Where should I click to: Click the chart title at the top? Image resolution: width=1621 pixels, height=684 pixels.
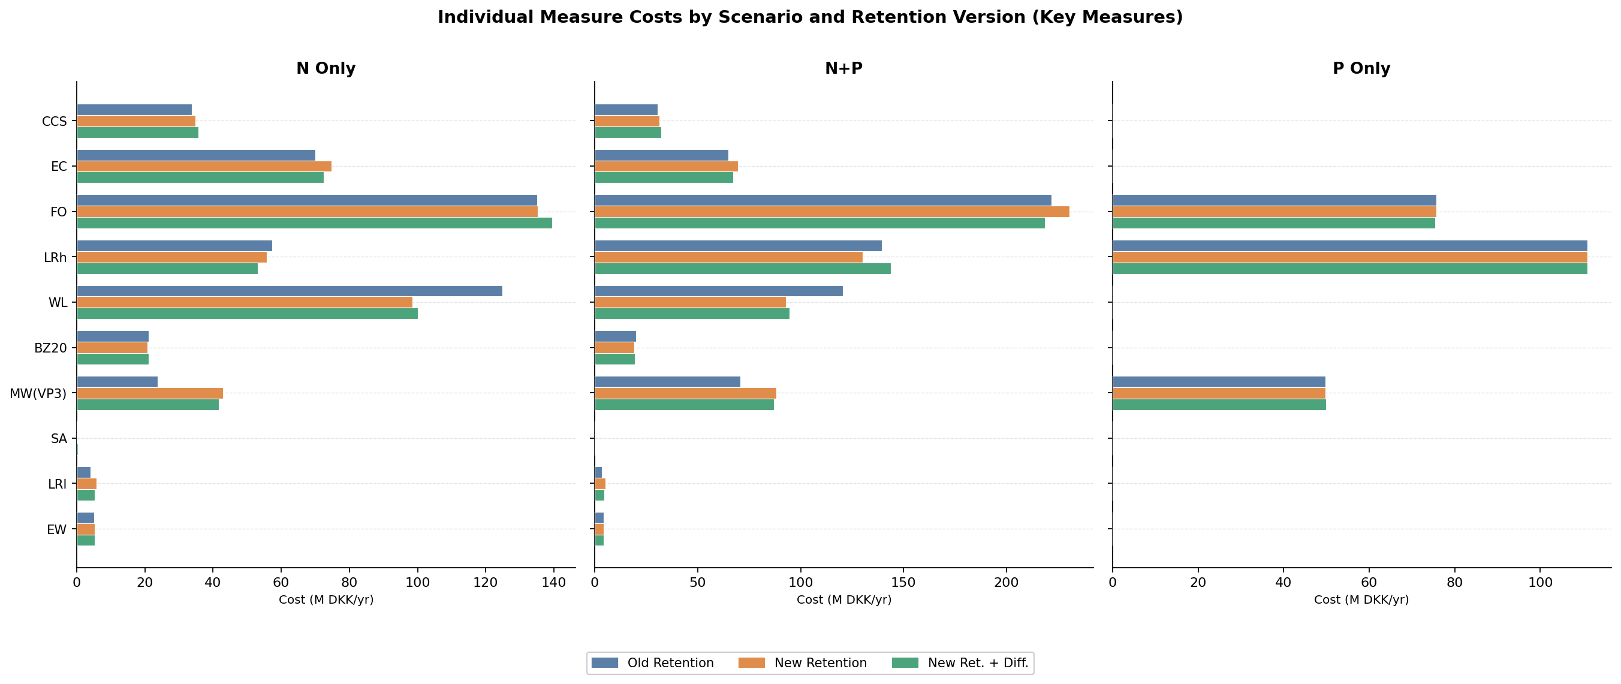810,17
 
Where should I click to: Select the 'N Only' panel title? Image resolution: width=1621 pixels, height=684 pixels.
326,68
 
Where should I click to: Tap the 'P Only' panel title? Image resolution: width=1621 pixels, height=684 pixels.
1361,68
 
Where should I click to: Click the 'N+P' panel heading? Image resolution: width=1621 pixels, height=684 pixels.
843,68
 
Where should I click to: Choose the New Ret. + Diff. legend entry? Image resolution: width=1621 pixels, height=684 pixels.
960,662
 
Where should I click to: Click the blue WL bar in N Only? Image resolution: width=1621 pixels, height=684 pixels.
290,291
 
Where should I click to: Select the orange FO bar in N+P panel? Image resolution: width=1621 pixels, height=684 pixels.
831,212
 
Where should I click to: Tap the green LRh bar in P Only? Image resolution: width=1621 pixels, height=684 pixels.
1349,269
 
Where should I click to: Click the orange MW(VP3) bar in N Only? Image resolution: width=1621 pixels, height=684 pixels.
150,393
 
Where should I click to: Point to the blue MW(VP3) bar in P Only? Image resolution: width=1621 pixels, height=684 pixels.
1218,382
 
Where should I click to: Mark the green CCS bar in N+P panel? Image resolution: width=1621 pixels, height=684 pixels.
628,132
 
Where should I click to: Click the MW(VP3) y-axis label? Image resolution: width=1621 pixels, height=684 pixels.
38,393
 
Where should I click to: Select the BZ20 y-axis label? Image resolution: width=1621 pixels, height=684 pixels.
50,348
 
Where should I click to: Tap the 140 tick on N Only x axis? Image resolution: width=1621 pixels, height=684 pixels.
553,583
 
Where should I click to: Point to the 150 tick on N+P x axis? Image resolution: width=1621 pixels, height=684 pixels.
903,583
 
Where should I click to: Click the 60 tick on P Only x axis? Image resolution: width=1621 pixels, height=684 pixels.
1369,583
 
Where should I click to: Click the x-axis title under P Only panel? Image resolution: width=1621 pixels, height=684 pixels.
1361,599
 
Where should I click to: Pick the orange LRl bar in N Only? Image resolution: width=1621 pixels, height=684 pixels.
87,484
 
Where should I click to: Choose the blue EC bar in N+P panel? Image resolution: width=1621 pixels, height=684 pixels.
661,155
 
